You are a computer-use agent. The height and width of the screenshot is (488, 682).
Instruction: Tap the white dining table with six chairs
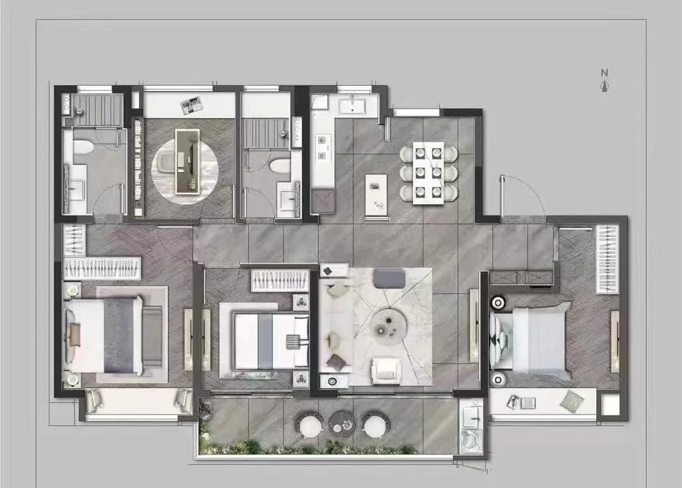tap(428, 173)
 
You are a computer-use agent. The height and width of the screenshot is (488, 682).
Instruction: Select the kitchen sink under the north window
tap(352, 106)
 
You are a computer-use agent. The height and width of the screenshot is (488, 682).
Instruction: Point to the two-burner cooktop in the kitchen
tap(322, 147)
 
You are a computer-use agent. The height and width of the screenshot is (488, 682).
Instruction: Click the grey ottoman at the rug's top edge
tap(389, 278)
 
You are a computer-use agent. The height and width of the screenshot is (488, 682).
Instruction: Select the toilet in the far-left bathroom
tap(83, 147)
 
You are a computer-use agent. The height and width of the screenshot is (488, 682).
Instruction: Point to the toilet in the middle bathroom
tap(280, 166)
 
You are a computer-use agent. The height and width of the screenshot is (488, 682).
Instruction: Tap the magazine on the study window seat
tap(192, 105)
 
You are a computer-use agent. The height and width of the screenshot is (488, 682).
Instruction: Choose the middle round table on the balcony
tap(342, 423)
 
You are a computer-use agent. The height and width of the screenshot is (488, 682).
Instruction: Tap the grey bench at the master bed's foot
tap(152, 336)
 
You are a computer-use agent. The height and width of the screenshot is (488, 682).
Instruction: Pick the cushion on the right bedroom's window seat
tap(572, 401)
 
